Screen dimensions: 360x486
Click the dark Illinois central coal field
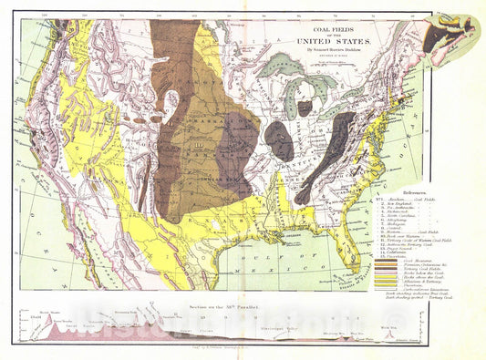click(279, 141)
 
